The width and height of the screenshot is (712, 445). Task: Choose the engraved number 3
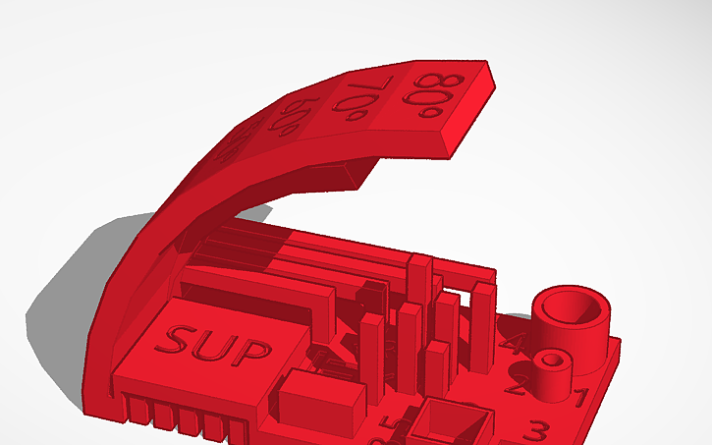click(537, 430)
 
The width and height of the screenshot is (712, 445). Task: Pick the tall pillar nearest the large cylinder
click(483, 324)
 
